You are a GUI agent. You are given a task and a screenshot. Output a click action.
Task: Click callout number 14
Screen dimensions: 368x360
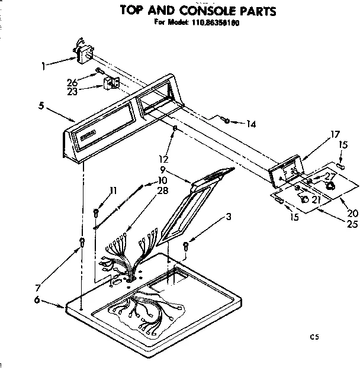[251, 124]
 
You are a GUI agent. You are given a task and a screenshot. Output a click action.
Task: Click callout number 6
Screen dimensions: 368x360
[37, 301]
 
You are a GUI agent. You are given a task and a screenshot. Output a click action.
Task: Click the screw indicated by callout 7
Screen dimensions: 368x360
[82, 241]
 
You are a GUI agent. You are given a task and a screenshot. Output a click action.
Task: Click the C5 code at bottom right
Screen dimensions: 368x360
[315, 337]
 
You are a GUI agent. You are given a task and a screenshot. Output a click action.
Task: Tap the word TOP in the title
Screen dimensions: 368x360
[133, 10]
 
